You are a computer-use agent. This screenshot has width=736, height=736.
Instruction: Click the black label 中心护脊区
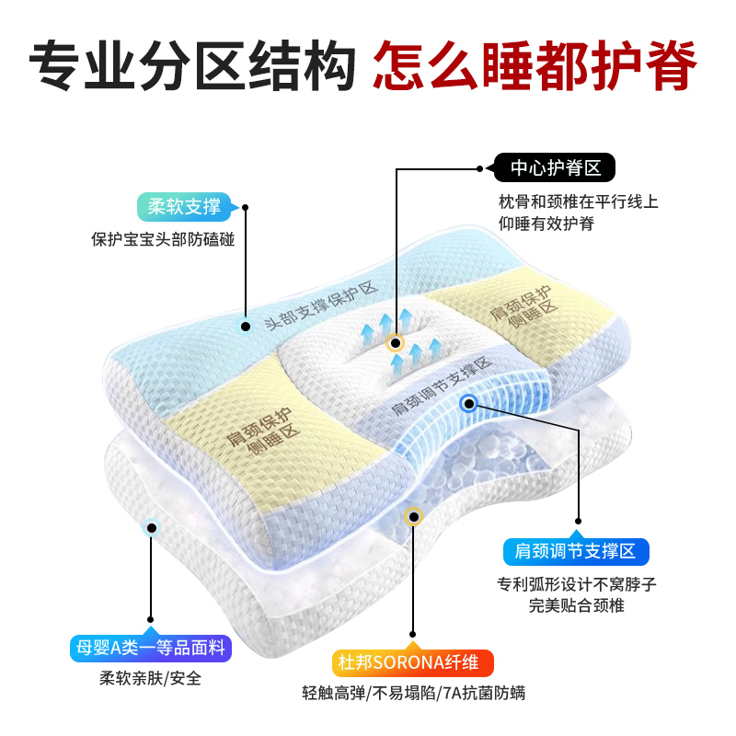click(x=555, y=168)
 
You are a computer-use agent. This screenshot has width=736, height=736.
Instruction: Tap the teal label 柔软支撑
click(x=185, y=206)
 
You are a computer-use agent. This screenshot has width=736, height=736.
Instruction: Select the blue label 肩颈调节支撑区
click(x=576, y=552)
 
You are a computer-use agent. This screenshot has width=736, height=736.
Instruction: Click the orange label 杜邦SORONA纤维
click(x=413, y=663)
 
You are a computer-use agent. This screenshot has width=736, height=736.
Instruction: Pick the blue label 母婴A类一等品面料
click(x=149, y=648)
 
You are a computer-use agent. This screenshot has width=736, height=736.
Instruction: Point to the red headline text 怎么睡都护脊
click(x=535, y=62)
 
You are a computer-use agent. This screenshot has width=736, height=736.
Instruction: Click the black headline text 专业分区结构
click(x=192, y=62)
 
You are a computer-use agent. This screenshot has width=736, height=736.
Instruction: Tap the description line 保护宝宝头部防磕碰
click(x=163, y=239)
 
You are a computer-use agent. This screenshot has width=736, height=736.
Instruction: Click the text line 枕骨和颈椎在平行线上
click(x=578, y=201)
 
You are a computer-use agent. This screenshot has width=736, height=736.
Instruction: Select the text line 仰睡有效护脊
click(x=547, y=224)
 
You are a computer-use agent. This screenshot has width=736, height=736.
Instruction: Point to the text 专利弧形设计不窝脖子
click(x=577, y=584)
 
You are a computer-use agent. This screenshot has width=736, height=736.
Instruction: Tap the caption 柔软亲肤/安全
click(x=150, y=680)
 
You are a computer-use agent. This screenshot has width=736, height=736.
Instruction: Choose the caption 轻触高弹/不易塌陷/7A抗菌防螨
click(x=413, y=694)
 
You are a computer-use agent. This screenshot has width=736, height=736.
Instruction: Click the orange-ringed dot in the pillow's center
click(x=395, y=343)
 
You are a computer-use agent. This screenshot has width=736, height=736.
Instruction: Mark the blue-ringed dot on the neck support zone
click(x=468, y=402)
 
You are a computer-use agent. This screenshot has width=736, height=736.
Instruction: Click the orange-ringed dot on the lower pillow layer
click(x=413, y=517)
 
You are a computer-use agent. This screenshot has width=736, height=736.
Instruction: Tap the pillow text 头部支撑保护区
click(x=321, y=306)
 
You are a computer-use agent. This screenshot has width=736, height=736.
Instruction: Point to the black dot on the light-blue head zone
click(x=246, y=326)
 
